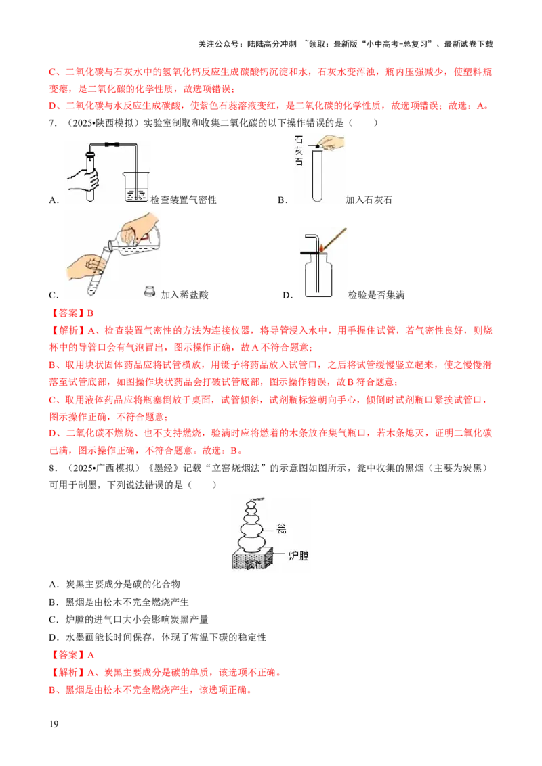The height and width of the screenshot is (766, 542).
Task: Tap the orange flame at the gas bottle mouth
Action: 322,247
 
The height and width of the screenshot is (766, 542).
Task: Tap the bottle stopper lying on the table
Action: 148,292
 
